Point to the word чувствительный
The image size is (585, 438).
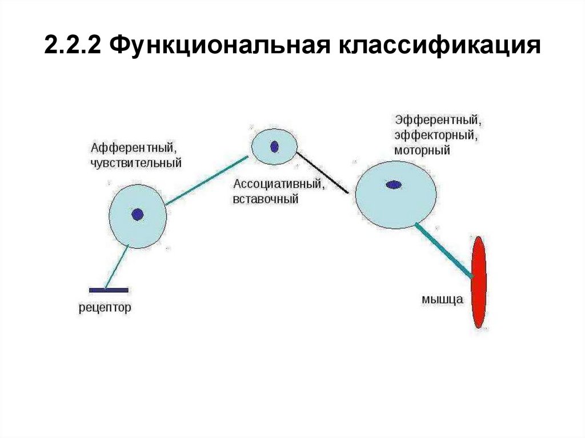[135, 163]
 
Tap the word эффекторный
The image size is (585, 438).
[436, 136]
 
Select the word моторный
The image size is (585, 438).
[422, 151]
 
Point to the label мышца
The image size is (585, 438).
[442, 299]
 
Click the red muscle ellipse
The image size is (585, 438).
[479, 282]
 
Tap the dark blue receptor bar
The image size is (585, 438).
[109, 290]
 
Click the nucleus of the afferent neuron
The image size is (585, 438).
[137, 215]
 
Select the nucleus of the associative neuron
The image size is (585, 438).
[274, 147]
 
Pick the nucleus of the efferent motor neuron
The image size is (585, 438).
[394, 184]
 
